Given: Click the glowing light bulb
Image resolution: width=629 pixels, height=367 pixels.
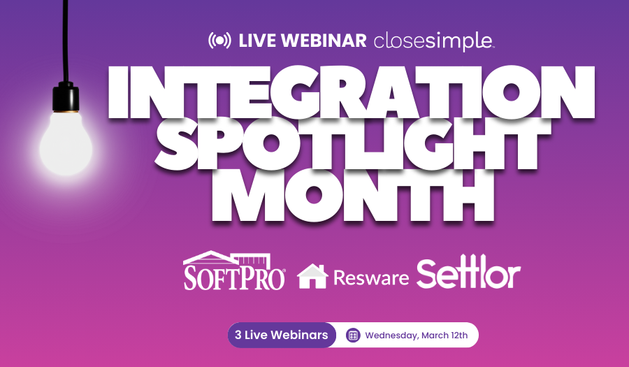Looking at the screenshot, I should (x=67, y=144).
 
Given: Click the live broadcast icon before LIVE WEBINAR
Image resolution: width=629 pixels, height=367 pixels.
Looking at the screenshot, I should (x=219, y=41).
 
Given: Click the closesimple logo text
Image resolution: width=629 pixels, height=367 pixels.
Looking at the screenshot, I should (x=433, y=41).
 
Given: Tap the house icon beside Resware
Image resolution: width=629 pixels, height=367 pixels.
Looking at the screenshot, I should (x=312, y=275).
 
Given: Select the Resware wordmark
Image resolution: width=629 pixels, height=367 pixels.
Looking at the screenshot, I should (x=371, y=278).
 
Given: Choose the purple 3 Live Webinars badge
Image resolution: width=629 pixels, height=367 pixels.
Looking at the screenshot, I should (x=282, y=335).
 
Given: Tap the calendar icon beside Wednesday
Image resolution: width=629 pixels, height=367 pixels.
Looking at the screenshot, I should (x=353, y=336).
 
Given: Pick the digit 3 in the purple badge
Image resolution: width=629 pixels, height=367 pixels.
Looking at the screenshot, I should (x=238, y=335).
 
